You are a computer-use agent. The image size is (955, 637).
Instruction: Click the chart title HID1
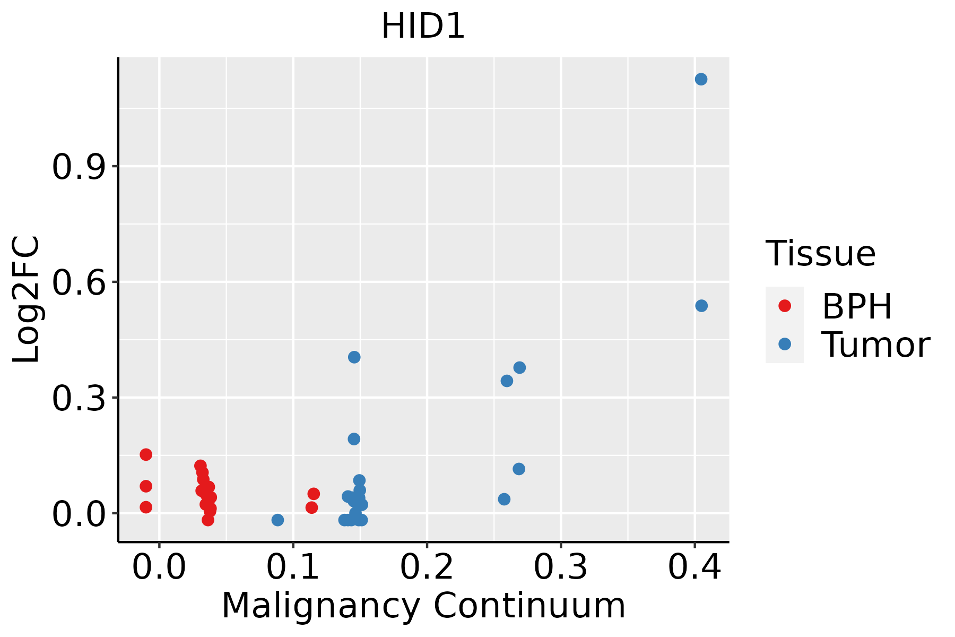tap(423, 27)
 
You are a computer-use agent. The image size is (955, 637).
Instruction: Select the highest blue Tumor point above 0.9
tap(701, 79)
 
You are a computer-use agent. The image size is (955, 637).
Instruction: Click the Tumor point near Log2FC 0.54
tap(701, 306)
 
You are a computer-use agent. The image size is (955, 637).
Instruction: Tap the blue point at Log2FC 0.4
tap(354, 357)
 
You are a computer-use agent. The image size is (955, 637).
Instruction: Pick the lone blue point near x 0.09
tap(277, 520)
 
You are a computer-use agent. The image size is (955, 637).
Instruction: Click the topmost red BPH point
tap(146, 454)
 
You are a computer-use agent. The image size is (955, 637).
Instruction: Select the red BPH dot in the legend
tap(784, 306)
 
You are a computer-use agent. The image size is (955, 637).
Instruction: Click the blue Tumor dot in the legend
tap(784, 344)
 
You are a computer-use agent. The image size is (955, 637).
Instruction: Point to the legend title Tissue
tap(821, 254)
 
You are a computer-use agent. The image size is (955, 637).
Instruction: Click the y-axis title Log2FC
tap(27, 299)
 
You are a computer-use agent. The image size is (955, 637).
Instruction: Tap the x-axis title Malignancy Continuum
tap(423, 606)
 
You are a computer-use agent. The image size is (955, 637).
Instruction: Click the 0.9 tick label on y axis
tap(79, 167)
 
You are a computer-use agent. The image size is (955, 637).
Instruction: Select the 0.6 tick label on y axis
tap(79, 283)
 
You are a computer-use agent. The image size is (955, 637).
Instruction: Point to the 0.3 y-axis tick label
tap(79, 399)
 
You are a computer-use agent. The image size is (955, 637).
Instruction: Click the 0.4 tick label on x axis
tap(694, 567)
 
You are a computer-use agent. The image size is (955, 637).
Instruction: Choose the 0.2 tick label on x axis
tap(427, 567)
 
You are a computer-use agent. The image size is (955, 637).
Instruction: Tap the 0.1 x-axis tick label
tap(293, 567)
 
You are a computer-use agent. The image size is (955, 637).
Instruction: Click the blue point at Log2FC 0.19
tap(354, 439)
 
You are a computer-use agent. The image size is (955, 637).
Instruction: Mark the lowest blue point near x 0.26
tap(504, 499)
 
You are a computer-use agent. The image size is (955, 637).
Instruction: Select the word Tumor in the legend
tap(875, 345)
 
